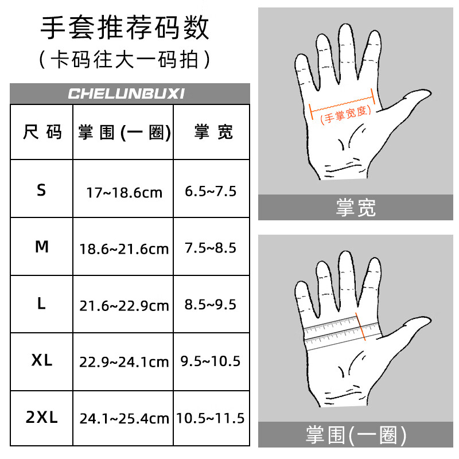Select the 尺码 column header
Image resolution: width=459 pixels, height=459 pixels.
pos(41,133)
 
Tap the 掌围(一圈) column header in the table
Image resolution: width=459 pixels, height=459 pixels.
pos(124,133)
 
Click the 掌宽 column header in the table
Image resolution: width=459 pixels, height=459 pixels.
pos(212,133)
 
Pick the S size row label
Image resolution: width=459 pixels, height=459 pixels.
pos(41,190)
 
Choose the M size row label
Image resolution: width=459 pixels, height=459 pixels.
pos(41,247)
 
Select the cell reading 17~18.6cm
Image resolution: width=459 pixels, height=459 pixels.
pos(124,192)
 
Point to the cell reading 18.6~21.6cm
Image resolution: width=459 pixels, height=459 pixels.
pos(124,249)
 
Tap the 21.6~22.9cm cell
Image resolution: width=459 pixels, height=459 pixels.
pos(124,306)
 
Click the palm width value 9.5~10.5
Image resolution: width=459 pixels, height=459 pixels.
pos(211,361)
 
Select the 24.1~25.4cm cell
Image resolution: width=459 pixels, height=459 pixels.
pos(124,419)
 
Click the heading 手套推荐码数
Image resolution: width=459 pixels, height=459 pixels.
pos(125,28)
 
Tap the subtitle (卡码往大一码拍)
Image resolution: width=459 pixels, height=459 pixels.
pos(125,60)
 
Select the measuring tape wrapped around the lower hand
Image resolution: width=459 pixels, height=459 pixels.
pos(342,333)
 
